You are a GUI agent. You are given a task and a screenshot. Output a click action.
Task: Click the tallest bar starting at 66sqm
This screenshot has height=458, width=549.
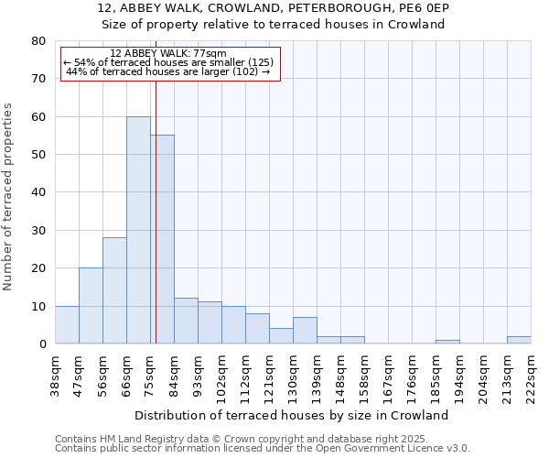pyautogui.click(x=138, y=229)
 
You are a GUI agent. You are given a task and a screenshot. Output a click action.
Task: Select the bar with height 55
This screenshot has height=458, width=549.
pyautogui.click(x=163, y=238)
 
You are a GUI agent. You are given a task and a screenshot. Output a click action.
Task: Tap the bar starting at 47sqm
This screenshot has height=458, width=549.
pyautogui.click(x=91, y=306)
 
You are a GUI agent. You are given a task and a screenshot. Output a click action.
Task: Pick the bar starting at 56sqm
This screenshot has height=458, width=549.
pyautogui.click(x=114, y=290)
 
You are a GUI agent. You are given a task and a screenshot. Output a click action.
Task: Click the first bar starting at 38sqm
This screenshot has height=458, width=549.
pyautogui.click(x=67, y=325)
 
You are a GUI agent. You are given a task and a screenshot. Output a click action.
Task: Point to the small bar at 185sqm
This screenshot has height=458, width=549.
pyautogui.click(x=447, y=342)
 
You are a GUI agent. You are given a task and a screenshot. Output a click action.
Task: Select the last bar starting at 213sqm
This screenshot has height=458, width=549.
pyautogui.click(x=519, y=340)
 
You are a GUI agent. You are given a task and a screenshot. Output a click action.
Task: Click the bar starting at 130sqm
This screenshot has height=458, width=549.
pyautogui.click(x=305, y=331)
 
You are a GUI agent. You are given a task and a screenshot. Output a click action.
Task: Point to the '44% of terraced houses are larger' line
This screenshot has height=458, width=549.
pyautogui.click(x=168, y=71)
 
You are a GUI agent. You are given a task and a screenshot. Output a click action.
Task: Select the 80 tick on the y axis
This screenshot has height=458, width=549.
pyautogui.click(x=38, y=41)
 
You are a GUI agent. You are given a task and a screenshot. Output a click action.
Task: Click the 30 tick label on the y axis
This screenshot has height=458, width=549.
pyautogui.click(x=38, y=231)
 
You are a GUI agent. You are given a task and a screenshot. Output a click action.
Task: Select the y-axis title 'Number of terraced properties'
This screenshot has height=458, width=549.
pyautogui.click(x=9, y=197)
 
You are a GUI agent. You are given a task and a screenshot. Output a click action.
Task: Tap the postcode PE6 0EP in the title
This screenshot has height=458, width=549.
pyautogui.click(x=423, y=8)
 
